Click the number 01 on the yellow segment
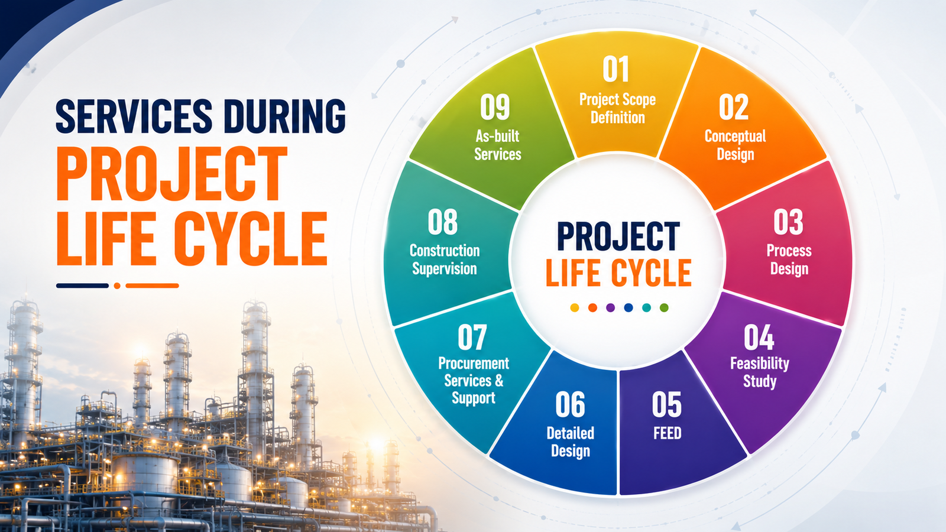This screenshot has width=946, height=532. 615,69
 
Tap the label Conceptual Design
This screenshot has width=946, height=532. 736,145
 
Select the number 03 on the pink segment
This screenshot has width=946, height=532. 789,222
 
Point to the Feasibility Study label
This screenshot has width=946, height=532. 760,372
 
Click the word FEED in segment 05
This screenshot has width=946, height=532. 668,433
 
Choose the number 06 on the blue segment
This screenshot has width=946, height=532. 570,404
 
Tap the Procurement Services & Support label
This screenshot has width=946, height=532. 474,381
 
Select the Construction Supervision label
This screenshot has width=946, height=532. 445,259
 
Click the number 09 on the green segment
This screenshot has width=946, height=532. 495,107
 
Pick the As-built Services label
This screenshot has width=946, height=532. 497,145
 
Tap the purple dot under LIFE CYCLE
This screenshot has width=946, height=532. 610,307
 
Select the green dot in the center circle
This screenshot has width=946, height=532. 664,307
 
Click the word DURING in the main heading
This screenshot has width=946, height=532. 284,116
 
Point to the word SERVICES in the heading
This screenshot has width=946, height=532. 134,116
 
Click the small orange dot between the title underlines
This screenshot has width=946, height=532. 117,286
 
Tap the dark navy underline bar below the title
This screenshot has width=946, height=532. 82,286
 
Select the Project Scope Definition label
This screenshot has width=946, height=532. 617,108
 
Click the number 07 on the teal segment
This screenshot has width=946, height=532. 472,337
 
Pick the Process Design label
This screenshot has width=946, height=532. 789,259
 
